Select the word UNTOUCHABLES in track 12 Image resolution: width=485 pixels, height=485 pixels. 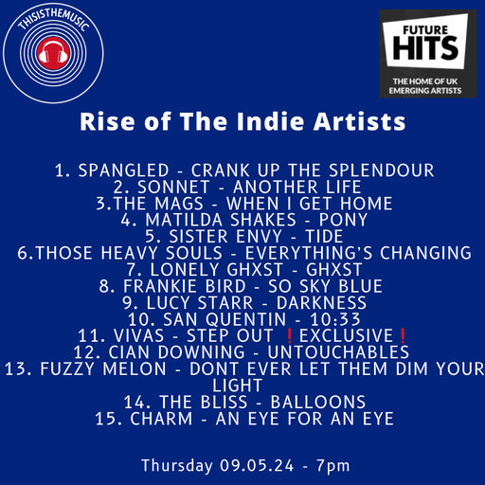pos(300,352)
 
